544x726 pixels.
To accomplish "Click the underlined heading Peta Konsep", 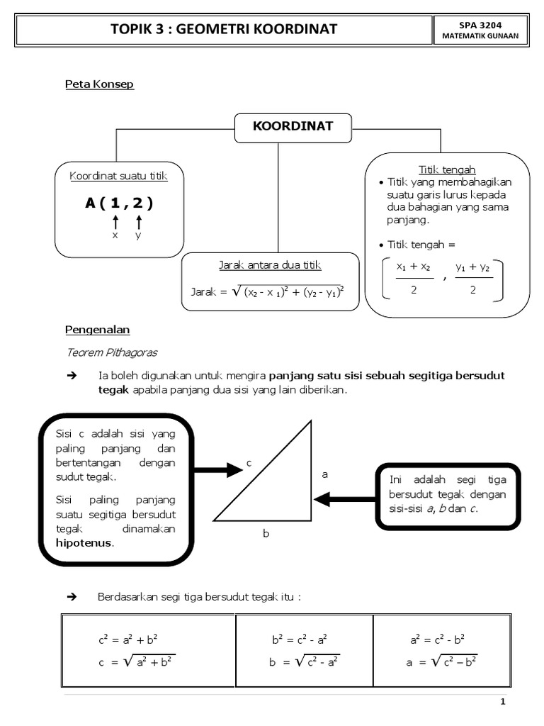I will coord(100,84).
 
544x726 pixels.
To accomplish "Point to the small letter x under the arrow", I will coord(115,235).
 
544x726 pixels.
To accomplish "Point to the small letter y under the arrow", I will coord(139,235).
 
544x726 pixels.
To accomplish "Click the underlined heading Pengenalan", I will coord(98,330).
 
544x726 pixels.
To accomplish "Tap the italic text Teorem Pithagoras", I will coord(112,352).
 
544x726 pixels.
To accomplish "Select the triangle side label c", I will coord(249,463).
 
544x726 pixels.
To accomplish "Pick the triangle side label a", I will coord(325,474).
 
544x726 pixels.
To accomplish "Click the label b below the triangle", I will coord(266,533).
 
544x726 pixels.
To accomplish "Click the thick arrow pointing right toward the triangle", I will coord(215,469).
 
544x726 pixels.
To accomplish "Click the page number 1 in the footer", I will coord(502,702).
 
